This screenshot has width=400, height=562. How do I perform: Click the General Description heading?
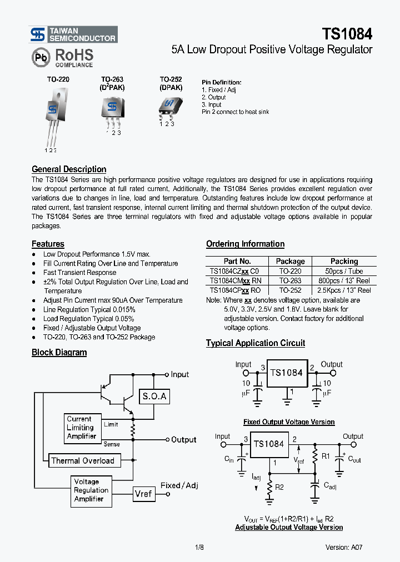[x=69, y=169]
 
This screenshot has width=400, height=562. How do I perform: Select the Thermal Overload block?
[x=83, y=460]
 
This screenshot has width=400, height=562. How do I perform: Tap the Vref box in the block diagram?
[x=143, y=493]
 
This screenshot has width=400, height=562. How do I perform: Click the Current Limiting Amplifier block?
[x=82, y=428]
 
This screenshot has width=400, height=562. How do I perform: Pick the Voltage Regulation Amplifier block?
[x=91, y=490]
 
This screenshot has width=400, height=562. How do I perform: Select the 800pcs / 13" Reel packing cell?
[x=344, y=280]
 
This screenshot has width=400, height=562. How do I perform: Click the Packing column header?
[x=344, y=261]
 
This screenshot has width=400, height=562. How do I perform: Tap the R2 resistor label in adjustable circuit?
[x=280, y=487]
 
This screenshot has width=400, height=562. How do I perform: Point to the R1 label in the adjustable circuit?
[x=326, y=456]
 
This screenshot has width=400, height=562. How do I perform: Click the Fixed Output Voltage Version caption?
[x=289, y=422]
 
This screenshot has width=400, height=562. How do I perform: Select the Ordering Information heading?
[x=245, y=244]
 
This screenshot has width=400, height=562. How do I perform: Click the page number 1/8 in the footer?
[x=199, y=547]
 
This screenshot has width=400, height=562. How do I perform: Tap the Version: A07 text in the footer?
[x=344, y=547]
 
